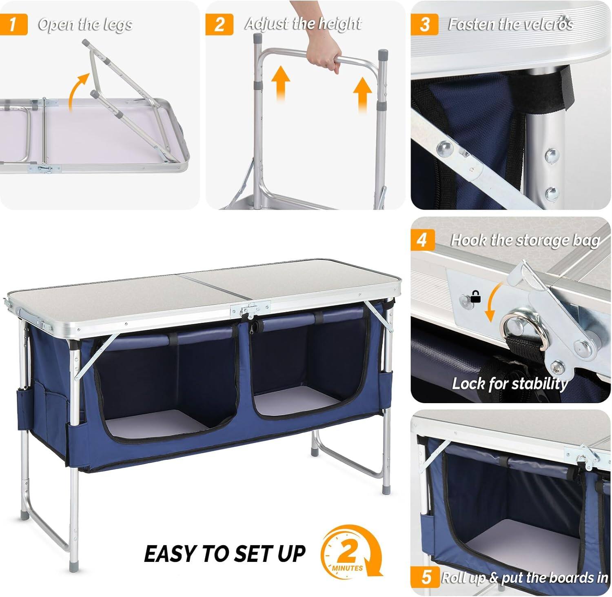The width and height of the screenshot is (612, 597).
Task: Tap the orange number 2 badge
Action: pos(219,24)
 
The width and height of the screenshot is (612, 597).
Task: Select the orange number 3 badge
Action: pos(424,24)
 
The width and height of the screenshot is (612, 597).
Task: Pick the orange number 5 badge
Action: pos(426,577)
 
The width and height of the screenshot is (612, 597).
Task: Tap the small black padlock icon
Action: pos(475,297)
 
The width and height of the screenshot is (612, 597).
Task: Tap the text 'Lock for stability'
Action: pos(510,384)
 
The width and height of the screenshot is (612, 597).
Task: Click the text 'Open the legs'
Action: pos(85,24)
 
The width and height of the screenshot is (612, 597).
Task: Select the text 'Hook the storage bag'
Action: pos(525,240)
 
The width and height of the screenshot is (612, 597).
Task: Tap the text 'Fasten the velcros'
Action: pos(510,24)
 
